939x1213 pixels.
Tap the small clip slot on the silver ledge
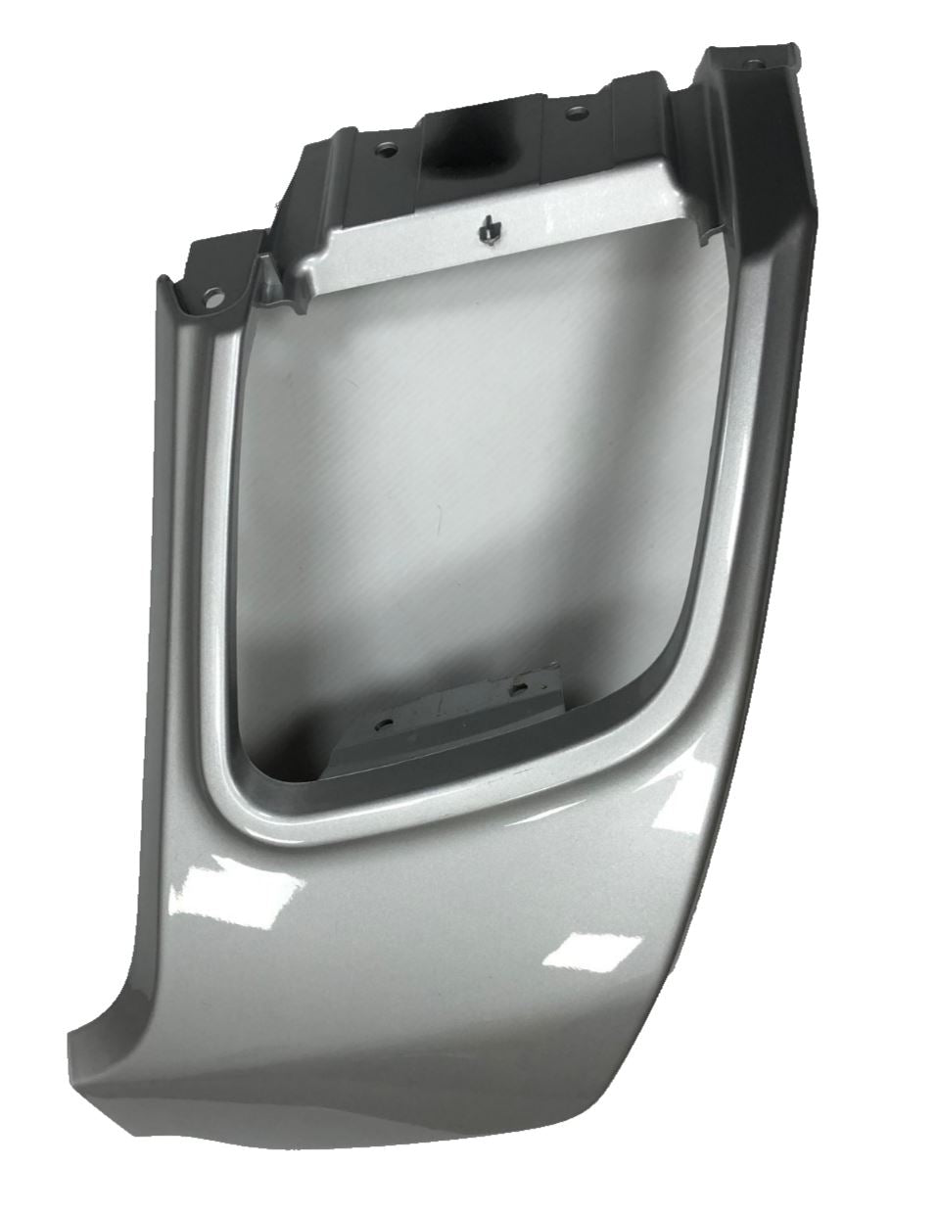click(487, 230)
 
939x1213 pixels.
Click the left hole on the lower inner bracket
click(383, 726)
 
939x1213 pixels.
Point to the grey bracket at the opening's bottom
click(460, 715)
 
